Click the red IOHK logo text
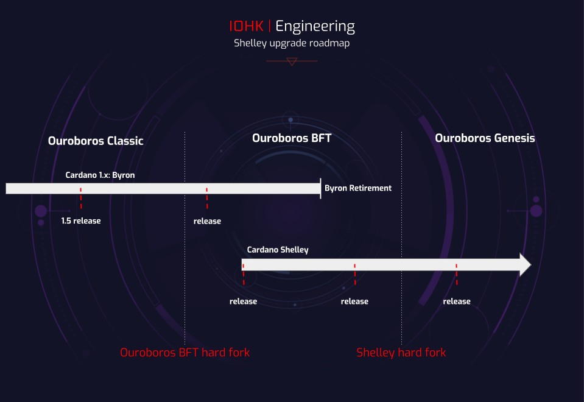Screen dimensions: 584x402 246,26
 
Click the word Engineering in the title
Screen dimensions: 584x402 315,27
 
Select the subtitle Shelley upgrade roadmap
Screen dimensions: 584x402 292,43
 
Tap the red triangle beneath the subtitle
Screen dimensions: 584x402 292,62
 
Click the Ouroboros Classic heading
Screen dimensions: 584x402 96,141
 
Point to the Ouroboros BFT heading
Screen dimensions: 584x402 292,138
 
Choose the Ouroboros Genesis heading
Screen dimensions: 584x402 485,138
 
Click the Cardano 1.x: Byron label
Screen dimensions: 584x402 100,175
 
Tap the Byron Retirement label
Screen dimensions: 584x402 358,188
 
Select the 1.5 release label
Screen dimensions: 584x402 81,221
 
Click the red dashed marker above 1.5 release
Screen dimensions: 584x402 81,198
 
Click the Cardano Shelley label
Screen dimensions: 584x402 278,250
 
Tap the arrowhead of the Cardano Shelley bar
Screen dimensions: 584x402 525,265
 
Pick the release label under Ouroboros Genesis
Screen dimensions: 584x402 457,301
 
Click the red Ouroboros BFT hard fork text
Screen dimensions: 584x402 185,353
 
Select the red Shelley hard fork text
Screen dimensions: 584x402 401,353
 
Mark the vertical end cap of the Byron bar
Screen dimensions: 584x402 320,189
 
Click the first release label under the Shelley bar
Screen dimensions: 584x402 243,301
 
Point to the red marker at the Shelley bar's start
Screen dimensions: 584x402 244,275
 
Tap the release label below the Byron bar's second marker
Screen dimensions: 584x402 208,221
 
